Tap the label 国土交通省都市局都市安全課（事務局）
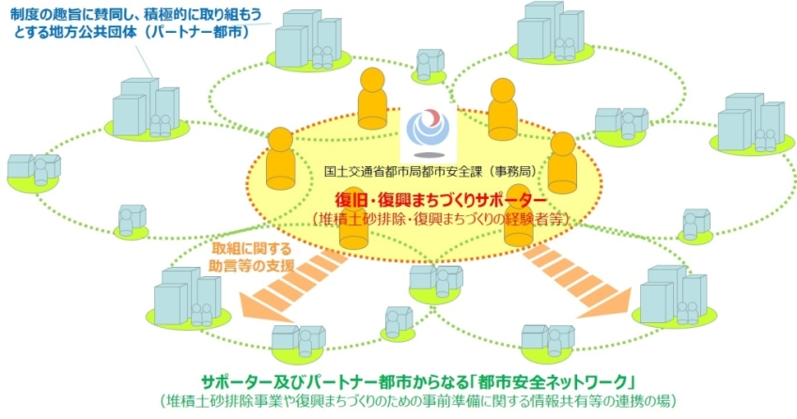430,172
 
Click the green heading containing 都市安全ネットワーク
419,382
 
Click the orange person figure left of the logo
372,98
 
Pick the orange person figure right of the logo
503,109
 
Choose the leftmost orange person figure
281,159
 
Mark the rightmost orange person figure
563,163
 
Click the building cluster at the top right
551,32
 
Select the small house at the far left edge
34,172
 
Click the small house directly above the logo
430,65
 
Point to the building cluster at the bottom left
188,298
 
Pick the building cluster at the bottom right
674,296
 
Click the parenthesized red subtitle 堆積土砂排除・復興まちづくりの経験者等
440,220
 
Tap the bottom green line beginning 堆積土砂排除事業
419,401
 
